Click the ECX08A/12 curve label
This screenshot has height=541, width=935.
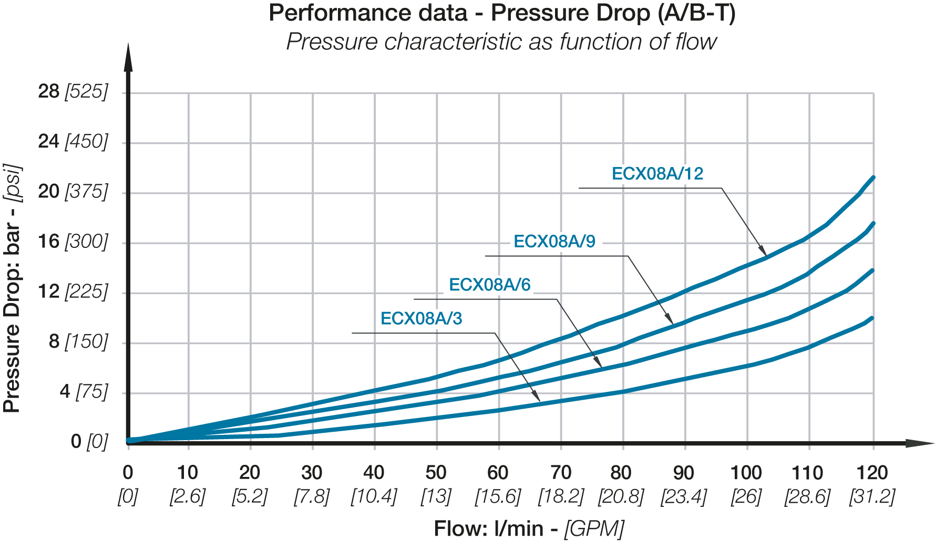(x=657, y=174)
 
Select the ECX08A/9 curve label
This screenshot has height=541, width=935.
(x=554, y=242)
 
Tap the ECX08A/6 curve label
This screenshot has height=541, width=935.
(x=489, y=285)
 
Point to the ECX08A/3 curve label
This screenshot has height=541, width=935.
(x=421, y=319)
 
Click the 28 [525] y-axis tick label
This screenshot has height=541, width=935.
(x=73, y=92)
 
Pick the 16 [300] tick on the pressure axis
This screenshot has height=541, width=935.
(x=73, y=242)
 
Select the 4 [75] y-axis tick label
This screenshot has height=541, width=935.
(x=84, y=392)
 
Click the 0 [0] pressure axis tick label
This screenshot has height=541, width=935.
(x=89, y=442)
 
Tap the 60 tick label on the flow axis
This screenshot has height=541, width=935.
(x=498, y=473)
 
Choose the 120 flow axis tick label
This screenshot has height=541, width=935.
(x=872, y=473)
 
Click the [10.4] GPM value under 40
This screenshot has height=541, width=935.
(x=374, y=496)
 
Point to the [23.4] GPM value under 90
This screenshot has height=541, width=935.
(x=683, y=496)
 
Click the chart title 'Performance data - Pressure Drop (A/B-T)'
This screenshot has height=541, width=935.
(x=502, y=13)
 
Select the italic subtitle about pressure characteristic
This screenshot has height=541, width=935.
(x=501, y=42)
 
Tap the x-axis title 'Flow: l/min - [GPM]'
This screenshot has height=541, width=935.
(x=529, y=528)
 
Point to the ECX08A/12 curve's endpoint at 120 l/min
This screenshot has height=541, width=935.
(x=873, y=178)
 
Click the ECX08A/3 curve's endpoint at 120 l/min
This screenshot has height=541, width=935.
(x=872, y=318)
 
